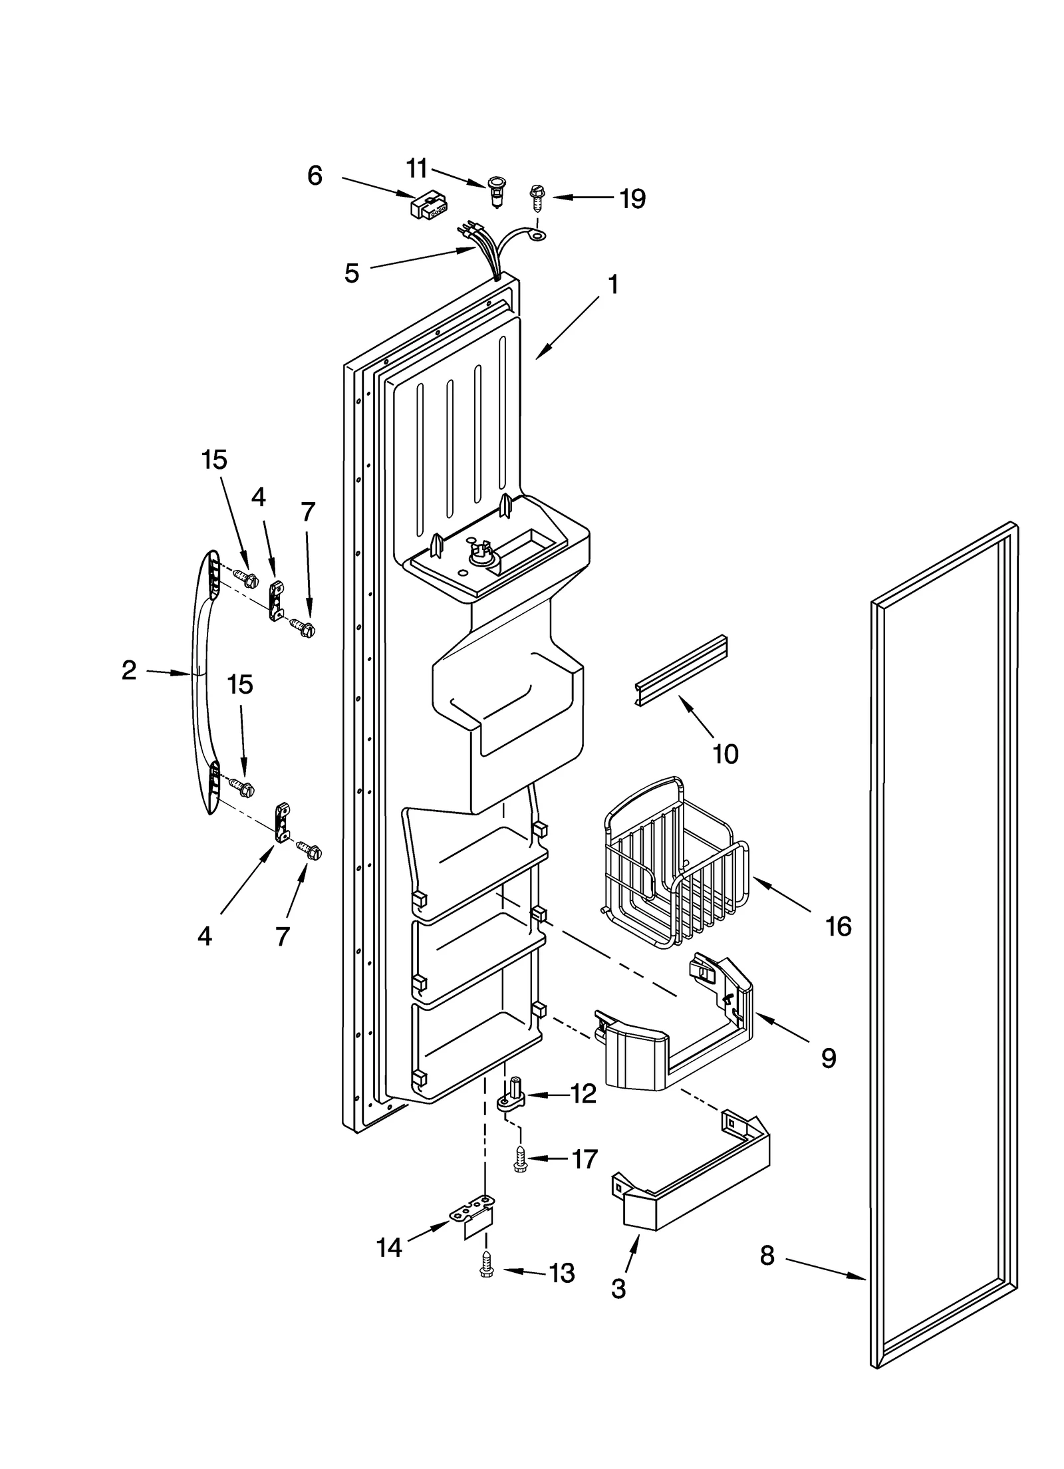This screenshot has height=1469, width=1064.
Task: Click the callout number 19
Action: click(x=632, y=198)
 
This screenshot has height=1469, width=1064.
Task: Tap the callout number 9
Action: click(x=828, y=1057)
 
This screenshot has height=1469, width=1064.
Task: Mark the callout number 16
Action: click(x=838, y=926)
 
